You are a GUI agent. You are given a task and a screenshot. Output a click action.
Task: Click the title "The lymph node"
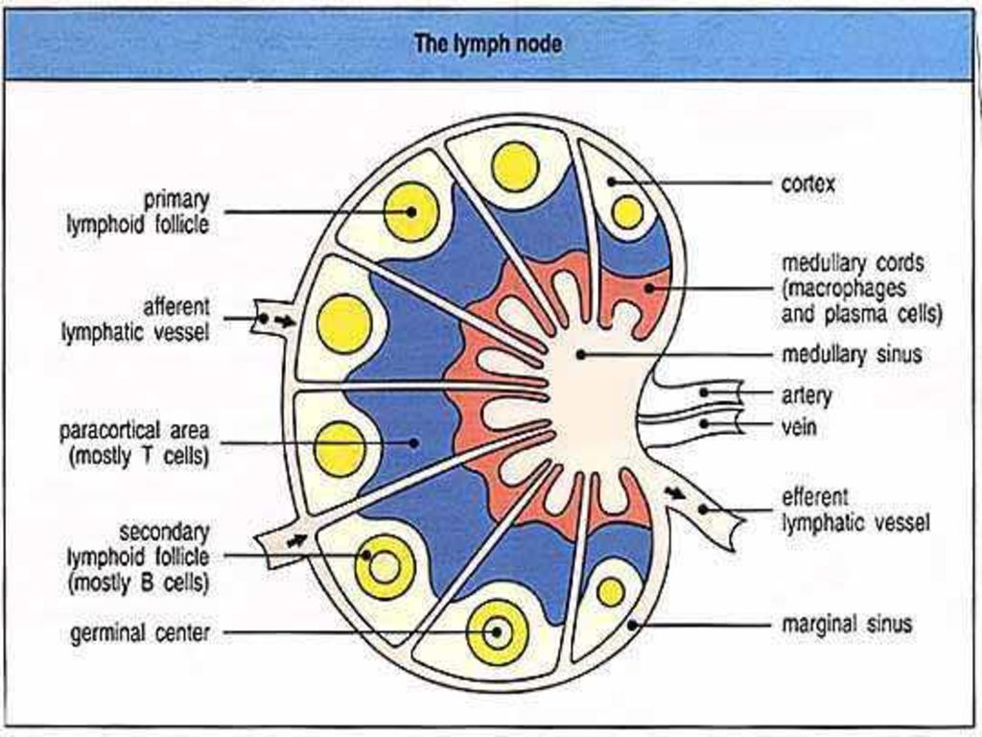click(x=488, y=44)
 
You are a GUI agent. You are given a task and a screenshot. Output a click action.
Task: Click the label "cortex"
click(x=807, y=183)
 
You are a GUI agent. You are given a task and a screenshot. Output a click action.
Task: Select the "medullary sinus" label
click(x=852, y=354)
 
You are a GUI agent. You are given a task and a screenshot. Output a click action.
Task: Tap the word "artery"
click(x=807, y=396)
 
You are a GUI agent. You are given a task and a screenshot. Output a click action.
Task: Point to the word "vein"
click(x=799, y=427)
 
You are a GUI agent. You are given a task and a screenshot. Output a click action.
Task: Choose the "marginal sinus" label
click(x=847, y=624)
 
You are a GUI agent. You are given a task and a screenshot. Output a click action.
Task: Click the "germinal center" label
click(x=140, y=633)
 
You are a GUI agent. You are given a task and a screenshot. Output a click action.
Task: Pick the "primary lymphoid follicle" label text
click(x=138, y=212)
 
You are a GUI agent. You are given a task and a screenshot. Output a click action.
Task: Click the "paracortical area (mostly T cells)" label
click(x=134, y=443)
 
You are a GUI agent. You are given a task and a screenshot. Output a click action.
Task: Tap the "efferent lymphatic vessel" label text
click(x=855, y=511)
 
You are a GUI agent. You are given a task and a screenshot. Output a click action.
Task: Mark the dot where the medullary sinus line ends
click(x=580, y=355)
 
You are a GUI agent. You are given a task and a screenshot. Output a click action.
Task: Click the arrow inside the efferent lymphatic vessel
click(x=674, y=492)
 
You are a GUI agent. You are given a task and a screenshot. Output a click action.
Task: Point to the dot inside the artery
click(x=704, y=392)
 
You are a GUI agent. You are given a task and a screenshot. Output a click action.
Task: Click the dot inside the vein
click(x=704, y=423)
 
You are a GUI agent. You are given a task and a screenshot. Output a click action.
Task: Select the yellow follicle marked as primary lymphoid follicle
click(x=410, y=212)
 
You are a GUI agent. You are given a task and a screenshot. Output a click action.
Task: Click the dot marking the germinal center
click(x=496, y=631)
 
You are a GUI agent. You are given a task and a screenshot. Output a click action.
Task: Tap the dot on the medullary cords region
click(x=649, y=288)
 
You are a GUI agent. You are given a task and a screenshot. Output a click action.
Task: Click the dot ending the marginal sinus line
click(x=633, y=624)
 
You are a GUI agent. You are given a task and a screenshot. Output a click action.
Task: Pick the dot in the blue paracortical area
click(x=413, y=442)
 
